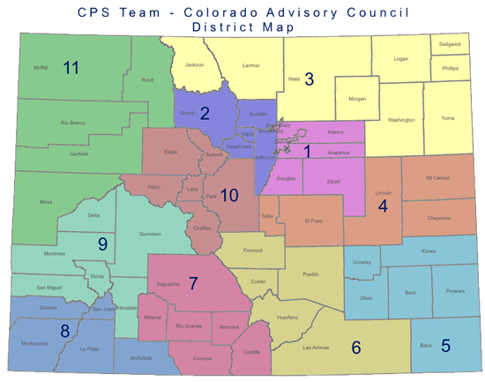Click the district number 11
[x=71, y=67]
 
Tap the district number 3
[x=309, y=79]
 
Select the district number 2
[x=205, y=112]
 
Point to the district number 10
[x=229, y=195]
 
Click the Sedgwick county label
[x=450, y=43]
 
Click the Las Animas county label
[x=315, y=347]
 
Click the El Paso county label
[x=315, y=220]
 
